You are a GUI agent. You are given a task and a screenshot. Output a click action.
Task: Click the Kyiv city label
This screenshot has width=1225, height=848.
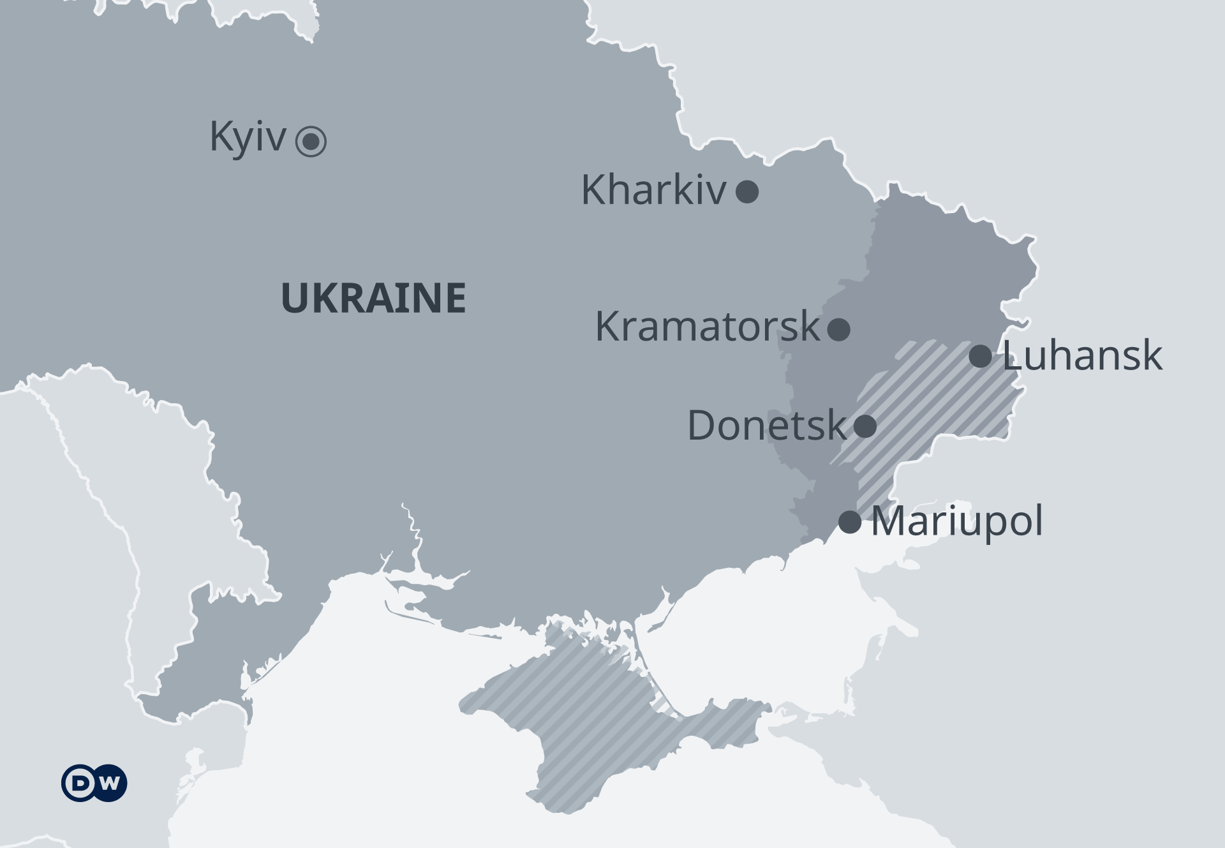[x=248, y=137]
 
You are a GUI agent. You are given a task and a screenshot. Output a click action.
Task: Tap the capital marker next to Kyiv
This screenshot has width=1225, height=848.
[x=311, y=141]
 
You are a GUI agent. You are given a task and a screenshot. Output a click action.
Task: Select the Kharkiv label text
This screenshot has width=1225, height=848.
[x=653, y=190]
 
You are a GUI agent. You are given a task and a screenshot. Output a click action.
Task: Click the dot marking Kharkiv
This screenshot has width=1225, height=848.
[x=747, y=191]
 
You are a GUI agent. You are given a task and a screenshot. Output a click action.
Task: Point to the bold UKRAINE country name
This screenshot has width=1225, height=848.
[x=373, y=298]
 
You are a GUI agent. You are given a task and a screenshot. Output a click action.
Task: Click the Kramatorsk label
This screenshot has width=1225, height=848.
[x=707, y=326]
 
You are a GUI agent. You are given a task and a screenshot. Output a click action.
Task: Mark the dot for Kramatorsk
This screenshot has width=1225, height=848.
[x=838, y=329]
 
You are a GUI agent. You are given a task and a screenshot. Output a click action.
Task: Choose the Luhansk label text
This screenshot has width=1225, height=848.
[x=1082, y=355]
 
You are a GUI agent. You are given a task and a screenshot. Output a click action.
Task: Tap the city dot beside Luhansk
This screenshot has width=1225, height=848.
[x=980, y=356]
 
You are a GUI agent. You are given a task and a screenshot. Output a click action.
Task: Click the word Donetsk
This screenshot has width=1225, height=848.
[x=766, y=425]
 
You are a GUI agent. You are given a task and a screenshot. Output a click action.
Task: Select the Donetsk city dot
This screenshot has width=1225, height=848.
[x=865, y=426]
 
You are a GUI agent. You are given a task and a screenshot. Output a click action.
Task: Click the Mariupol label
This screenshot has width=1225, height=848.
[x=956, y=521]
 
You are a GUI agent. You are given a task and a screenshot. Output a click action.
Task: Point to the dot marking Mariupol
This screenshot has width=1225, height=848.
[x=849, y=522]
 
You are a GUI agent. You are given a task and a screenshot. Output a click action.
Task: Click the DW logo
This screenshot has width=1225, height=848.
[x=94, y=783]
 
